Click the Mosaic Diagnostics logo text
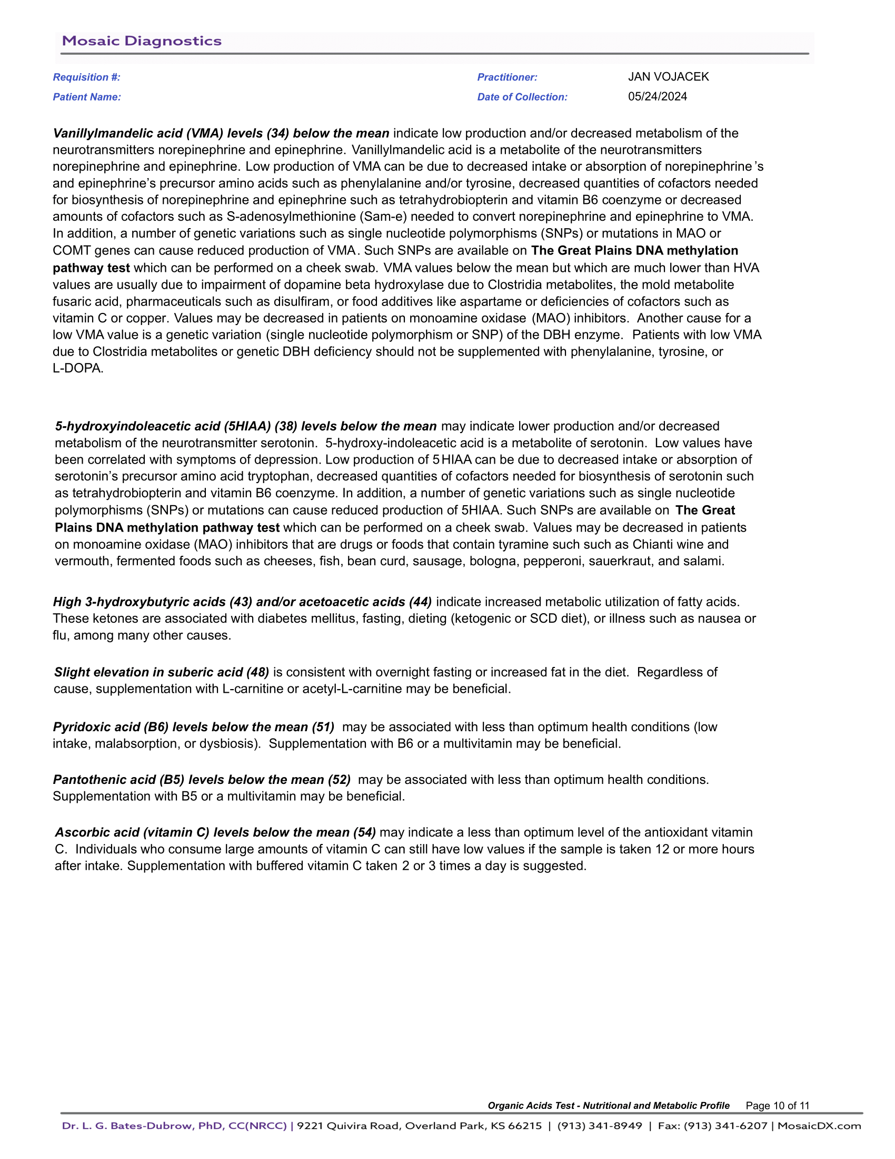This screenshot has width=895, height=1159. (x=142, y=42)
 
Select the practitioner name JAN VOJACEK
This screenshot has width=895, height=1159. (x=668, y=77)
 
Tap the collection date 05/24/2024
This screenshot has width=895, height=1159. (x=658, y=96)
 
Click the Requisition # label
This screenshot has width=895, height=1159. (x=86, y=77)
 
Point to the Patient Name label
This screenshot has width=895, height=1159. (x=86, y=97)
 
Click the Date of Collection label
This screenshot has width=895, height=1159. (x=522, y=97)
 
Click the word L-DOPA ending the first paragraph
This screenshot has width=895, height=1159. (x=77, y=368)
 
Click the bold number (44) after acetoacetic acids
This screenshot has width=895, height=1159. (x=420, y=602)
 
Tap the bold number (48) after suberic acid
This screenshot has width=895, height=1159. (x=257, y=672)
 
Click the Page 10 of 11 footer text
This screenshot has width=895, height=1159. (x=777, y=1105)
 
